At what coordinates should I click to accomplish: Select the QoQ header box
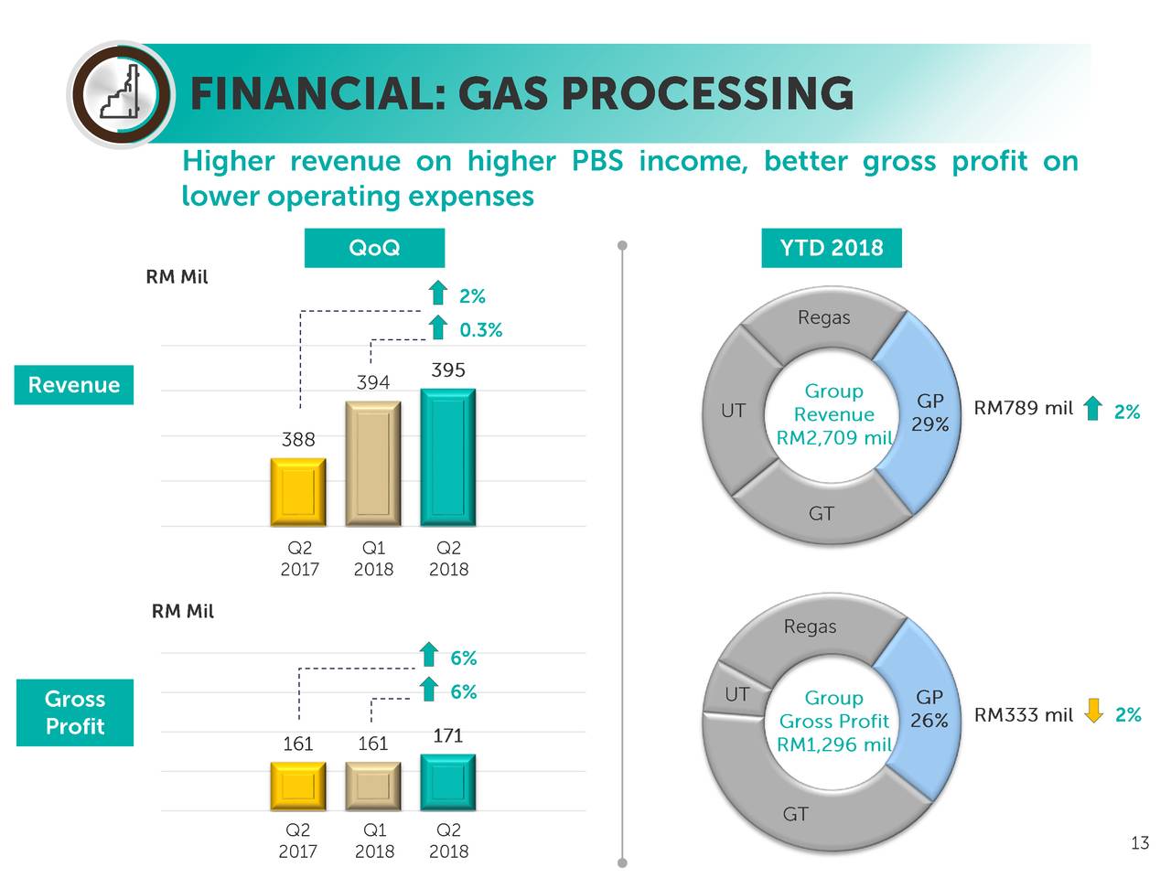(x=374, y=248)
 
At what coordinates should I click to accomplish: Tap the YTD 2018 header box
(x=831, y=248)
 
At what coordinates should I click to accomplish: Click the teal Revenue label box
(x=74, y=385)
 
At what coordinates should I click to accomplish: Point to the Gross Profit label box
(x=75, y=712)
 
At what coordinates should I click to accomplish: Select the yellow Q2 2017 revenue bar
(x=298, y=492)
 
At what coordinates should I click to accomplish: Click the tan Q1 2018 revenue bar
(x=373, y=464)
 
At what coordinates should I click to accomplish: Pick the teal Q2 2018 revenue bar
(x=448, y=457)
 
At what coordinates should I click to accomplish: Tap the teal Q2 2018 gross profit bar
(x=448, y=783)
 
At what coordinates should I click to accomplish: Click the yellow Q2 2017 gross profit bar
(x=298, y=787)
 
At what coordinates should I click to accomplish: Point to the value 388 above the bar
(x=298, y=440)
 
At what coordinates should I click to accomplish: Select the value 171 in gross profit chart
(x=447, y=736)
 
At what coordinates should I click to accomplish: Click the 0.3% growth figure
(x=480, y=330)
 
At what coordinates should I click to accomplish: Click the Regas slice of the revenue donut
(x=823, y=319)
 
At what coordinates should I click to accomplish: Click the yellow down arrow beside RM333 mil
(x=1093, y=711)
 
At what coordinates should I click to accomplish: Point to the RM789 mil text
(x=1023, y=408)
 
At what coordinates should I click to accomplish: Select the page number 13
(x=1139, y=843)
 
